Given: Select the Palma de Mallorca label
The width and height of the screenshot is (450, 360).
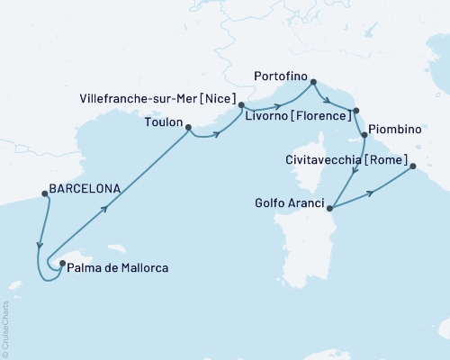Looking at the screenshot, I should (119, 267).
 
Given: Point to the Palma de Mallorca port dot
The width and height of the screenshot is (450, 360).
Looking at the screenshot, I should (61, 264).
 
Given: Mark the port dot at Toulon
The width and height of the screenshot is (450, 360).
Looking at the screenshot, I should (188, 128).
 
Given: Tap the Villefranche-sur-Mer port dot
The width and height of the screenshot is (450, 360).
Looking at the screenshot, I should (241, 105).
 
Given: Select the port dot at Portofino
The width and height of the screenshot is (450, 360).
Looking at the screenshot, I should (313, 83).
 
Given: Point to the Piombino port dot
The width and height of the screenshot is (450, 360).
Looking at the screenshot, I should (364, 135).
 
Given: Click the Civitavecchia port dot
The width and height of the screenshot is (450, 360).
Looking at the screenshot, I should (412, 166).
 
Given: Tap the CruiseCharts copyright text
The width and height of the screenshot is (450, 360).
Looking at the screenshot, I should (6, 328).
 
